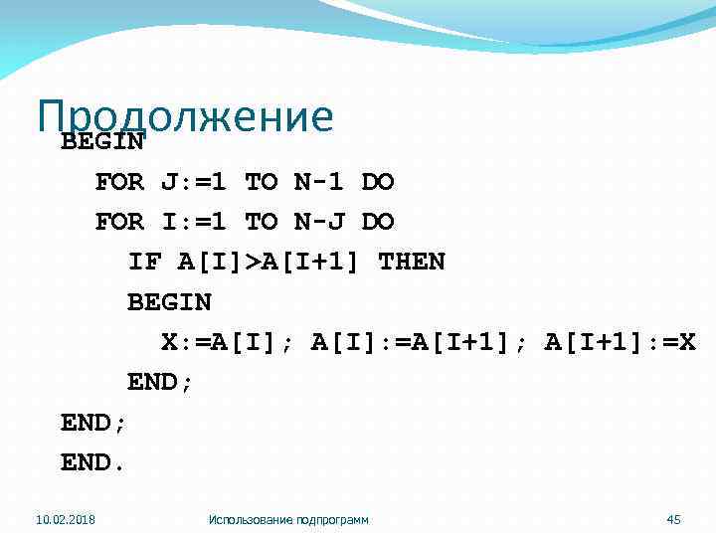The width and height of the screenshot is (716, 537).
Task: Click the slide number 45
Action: coord(673,519)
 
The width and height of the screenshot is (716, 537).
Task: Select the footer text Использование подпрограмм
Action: coord(288,519)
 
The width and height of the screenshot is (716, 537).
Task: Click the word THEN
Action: coord(412,262)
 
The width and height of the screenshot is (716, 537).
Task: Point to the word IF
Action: coord(144,262)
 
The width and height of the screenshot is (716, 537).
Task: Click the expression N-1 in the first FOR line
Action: coord(319,182)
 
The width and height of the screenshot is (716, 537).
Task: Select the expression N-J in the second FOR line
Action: coord(319,222)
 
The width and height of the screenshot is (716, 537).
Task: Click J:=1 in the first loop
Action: coord(193,182)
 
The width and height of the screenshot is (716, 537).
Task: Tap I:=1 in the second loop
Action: coord(193,222)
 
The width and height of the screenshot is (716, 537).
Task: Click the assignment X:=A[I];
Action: coord(228,342)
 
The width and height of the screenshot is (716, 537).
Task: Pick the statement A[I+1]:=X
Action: coord(621,342)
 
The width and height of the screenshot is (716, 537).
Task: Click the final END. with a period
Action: coord(93,462)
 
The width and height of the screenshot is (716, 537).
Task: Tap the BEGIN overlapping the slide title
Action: coord(102,141)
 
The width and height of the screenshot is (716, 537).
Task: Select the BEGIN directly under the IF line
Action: coord(169,301)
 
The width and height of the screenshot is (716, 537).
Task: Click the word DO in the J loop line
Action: coord(378,182)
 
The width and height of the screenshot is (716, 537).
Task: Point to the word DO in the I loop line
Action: coord(378,222)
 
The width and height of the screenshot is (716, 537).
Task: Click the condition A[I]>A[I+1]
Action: coord(269,262)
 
